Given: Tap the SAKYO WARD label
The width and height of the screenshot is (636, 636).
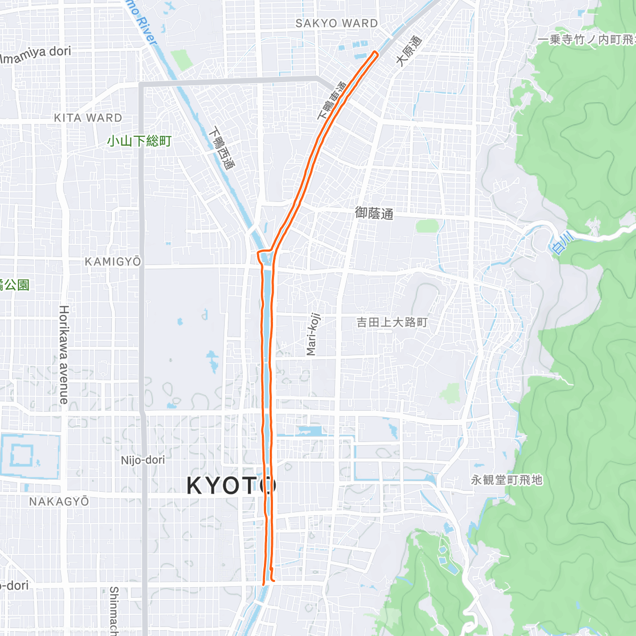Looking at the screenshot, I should click(x=337, y=23).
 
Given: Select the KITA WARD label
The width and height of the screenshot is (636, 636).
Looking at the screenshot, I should click(x=88, y=118).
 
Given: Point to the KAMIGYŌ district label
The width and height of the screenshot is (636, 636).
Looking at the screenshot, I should click(x=113, y=261).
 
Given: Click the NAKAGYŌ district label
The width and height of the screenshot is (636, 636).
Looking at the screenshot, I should click(x=59, y=501).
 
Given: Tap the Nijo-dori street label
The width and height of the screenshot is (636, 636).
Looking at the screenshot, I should click(x=143, y=460).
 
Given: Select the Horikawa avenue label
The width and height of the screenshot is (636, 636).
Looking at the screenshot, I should click(x=64, y=355).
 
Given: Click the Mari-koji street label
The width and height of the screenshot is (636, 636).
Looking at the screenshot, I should click(x=313, y=334).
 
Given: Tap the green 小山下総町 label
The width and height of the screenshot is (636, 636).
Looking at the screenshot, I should click(x=139, y=141).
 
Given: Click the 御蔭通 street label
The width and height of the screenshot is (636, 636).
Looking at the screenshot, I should click(x=374, y=213).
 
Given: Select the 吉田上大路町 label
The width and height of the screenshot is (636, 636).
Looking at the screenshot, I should click(x=392, y=322).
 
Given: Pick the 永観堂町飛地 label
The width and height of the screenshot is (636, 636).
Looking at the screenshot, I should click(x=507, y=480).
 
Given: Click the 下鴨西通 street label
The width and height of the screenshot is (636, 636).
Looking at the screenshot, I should click(x=222, y=148).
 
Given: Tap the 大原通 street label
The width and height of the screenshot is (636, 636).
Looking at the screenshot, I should click(x=409, y=51).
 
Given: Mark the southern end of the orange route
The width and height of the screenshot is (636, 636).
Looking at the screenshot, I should click(x=263, y=584).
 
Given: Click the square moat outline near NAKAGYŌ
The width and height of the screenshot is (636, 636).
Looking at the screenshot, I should click(x=30, y=456).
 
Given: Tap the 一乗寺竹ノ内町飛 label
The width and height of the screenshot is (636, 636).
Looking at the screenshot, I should click(x=586, y=40).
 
